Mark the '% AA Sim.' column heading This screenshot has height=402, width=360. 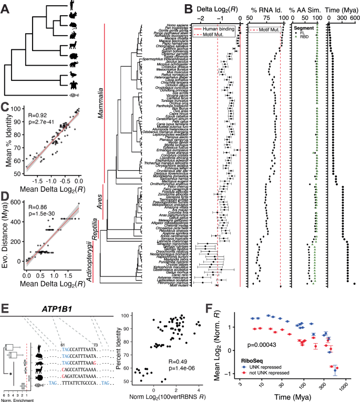coord(306,9)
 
